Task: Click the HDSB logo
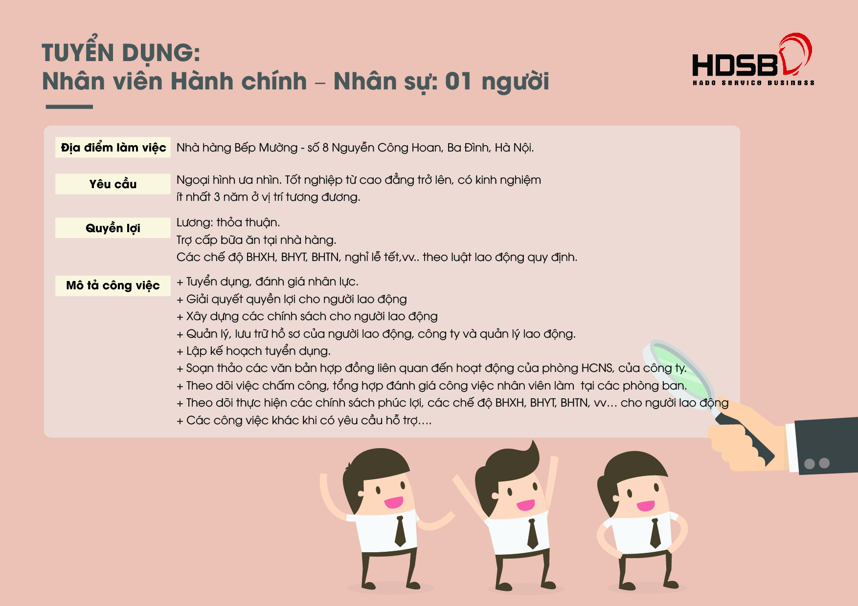tap(753, 59)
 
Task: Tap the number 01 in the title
tap(458, 81)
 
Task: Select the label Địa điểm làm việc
tap(113, 148)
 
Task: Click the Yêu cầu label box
tap(113, 184)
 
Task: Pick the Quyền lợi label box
tap(113, 228)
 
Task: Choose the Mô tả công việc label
tap(113, 285)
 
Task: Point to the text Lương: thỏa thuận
tap(228, 223)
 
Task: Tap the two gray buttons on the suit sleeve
tap(817, 463)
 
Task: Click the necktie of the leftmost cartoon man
tap(400, 531)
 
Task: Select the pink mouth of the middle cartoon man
tap(525, 505)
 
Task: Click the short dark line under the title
tap(69, 107)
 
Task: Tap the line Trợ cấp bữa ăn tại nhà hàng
tap(256, 240)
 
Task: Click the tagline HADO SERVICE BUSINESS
tap(753, 83)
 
